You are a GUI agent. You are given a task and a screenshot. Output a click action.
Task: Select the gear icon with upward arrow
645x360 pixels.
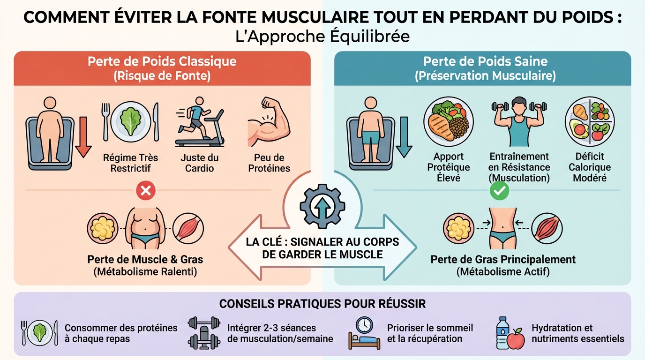[x=322, y=206]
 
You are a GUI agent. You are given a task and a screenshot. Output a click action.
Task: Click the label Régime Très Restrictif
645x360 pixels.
[x=131, y=163]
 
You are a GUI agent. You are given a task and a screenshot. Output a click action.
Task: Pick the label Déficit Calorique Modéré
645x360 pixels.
[x=590, y=167]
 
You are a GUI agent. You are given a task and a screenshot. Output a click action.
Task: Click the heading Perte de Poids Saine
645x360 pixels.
[x=485, y=62]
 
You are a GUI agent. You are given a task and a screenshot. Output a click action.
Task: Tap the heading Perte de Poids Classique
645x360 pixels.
[x=162, y=62]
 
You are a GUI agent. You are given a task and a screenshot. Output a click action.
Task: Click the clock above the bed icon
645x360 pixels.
[x=364, y=324]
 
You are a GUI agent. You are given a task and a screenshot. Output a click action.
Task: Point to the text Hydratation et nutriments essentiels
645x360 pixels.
[x=577, y=333]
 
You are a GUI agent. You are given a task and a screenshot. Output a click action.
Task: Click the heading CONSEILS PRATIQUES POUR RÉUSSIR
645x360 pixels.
[x=322, y=304]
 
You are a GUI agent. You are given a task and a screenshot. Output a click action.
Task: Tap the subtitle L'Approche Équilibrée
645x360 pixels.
[x=322, y=37]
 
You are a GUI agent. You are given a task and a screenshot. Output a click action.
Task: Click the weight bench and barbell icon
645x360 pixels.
[x=203, y=333]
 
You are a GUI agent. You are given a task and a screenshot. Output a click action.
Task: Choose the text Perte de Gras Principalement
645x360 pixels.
[x=503, y=259]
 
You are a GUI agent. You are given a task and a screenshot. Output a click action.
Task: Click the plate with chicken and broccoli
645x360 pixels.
[x=448, y=122]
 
